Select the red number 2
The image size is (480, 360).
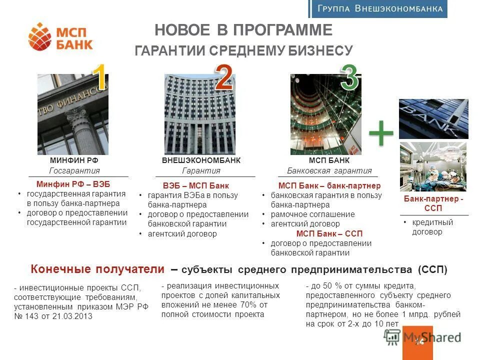coord(223,77)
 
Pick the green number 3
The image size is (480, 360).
coord(349,78)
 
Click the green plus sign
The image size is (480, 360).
coord(381,132)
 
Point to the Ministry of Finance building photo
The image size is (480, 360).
coord(73,114)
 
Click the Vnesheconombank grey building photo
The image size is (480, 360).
coord(199,114)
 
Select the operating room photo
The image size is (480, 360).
coord(433,166)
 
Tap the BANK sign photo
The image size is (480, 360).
coord(433,119)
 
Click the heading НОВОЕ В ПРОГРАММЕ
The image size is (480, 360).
coord(243,30)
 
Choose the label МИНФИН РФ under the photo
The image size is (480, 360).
coord(74,160)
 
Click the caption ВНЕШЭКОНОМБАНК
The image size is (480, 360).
coord(201,160)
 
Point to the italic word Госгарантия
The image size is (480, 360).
coord(74,170)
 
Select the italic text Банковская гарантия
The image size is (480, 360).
coord(329,170)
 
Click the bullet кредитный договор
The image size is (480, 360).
coord(432,227)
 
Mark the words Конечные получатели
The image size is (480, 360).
coord(97,269)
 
